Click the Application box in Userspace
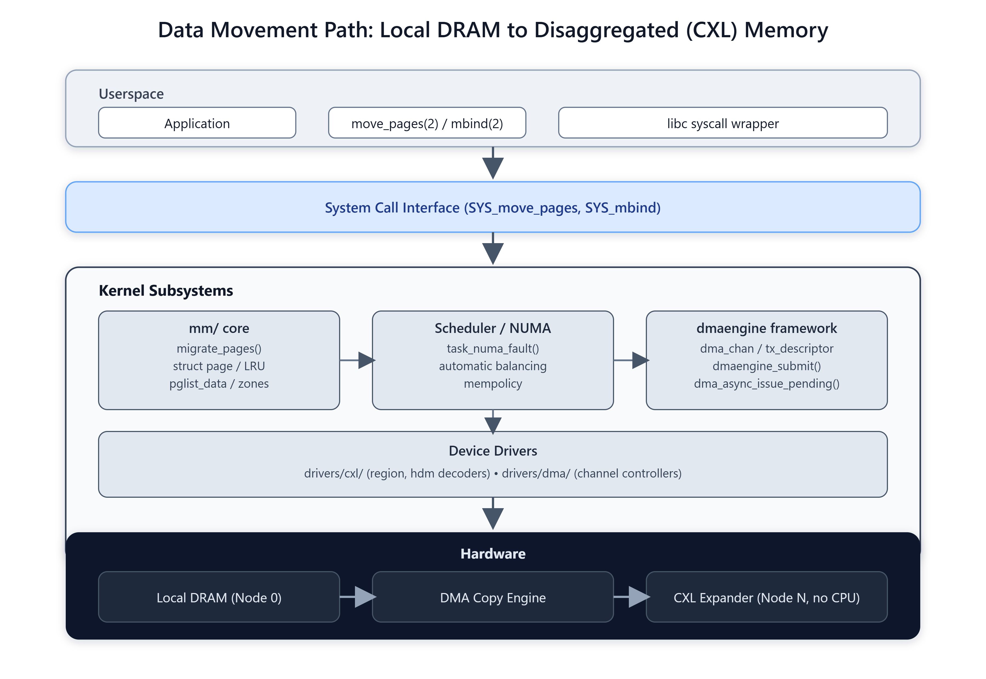coord(197,123)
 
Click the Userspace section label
coord(131,94)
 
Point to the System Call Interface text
coord(493,208)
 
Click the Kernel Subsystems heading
coord(166,290)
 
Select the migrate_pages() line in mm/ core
coord(219,349)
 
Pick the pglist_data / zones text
coord(219,384)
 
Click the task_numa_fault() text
coord(493,349)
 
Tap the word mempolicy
coord(493,384)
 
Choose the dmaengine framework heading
coord(766,329)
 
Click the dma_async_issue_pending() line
coord(766,384)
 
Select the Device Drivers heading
coord(493,451)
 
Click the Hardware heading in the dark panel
coord(493,554)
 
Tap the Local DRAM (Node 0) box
coord(219,597)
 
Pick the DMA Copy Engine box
coord(493,597)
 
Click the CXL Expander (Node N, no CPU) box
coord(766,597)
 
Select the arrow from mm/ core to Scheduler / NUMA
coord(357,360)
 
